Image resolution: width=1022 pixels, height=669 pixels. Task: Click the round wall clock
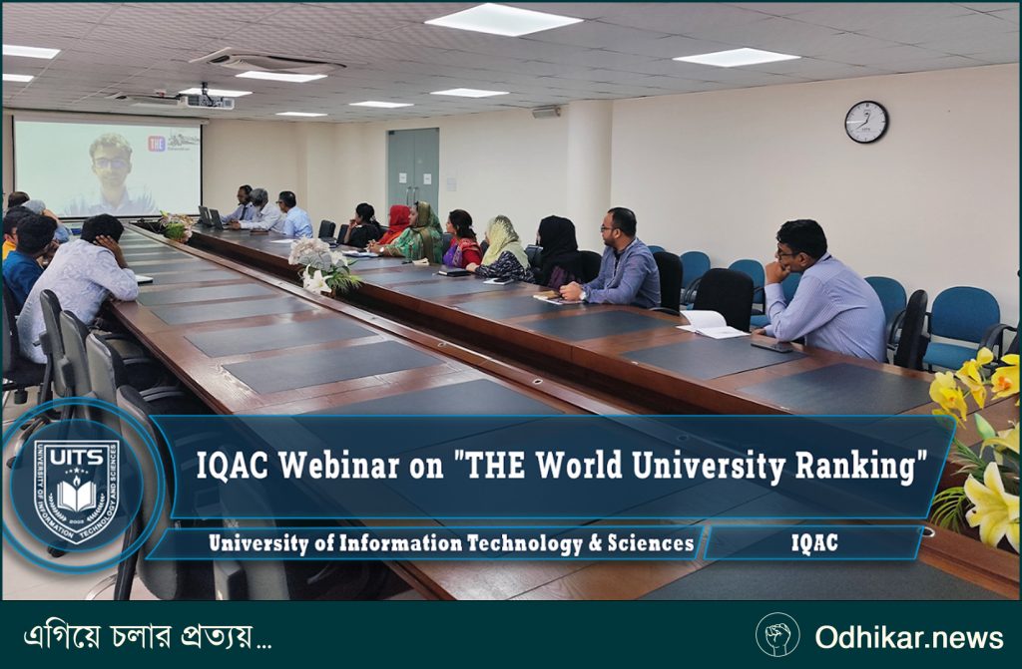pyautogui.click(x=866, y=122)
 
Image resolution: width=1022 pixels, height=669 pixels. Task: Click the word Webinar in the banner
pyautogui.click(x=339, y=466)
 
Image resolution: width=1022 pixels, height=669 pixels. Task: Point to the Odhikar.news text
pyautogui.click(x=908, y=637)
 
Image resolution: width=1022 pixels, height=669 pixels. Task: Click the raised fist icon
pyautogui.click(x=777, y=634)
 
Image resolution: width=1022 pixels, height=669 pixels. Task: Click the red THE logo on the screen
pyautogui.click(x=157, y=144)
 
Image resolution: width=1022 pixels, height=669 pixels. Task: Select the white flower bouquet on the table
pyautogui.click(x=321, y=265)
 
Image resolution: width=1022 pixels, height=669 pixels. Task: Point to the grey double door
pyautogui.click(x=413, y=167)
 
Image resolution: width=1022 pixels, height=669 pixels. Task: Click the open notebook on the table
pyautogui.click(x=710, y=324)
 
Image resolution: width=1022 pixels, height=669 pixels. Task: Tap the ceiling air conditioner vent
pyautogui.click(x=267, y=62)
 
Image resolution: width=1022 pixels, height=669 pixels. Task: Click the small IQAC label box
pyautogui.click(x=814, y=543)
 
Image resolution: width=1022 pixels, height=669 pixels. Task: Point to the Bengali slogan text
pyautogui.click(x=148, y=636)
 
